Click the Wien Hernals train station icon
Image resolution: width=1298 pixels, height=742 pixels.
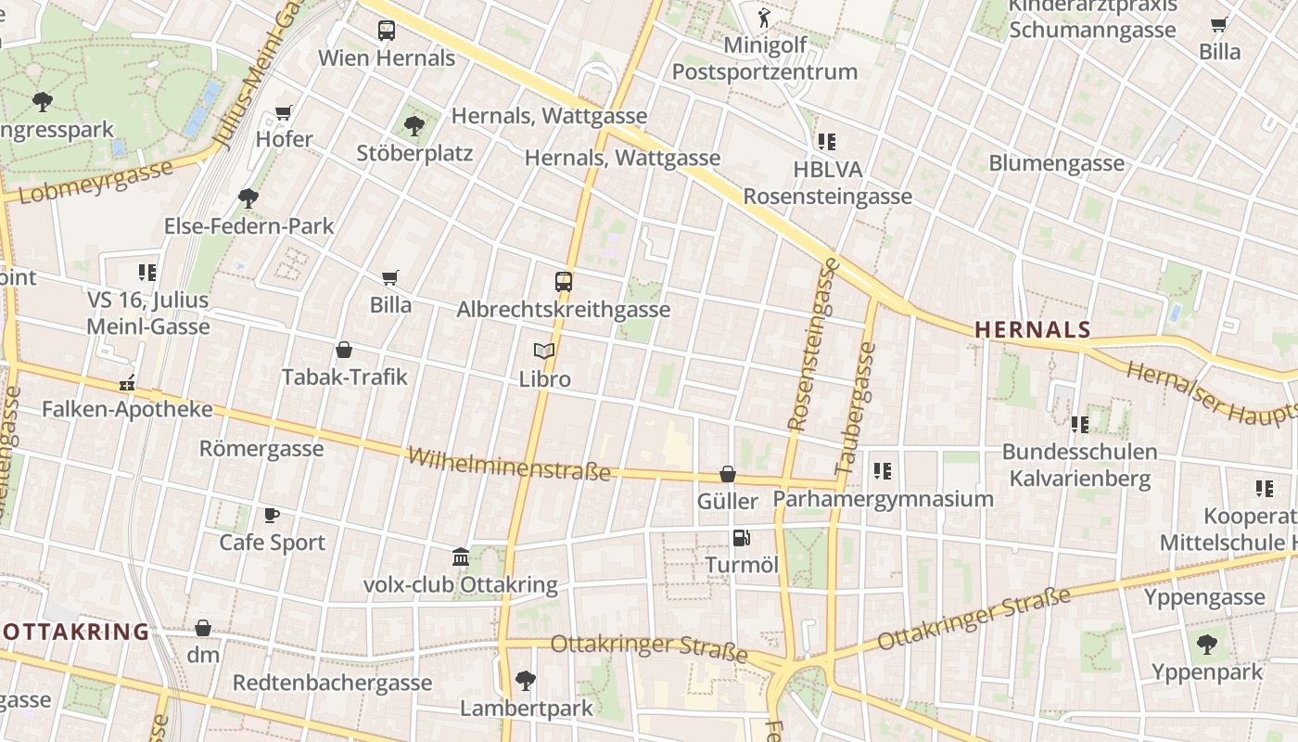(x=387, y=30)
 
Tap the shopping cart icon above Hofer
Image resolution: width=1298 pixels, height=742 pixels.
(x=284, y=113)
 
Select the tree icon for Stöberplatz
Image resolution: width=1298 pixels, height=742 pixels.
(x=414, y=125)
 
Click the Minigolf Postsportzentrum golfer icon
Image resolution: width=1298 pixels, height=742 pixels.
(x=764, y=17)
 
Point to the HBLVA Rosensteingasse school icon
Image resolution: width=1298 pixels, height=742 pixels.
(x=827, y=142)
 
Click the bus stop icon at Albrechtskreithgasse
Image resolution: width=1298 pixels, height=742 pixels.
(x=563, y=281)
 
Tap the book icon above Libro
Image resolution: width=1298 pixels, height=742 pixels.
(x=544, y=351)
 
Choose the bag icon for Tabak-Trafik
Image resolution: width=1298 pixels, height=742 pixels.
(x=344, y=350)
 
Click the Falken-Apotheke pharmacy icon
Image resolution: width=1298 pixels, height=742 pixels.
(x=127, y=382)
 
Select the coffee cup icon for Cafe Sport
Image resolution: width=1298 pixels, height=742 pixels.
(x=272, y=515)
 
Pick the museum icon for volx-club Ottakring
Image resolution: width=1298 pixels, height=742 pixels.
(x=461, y=557)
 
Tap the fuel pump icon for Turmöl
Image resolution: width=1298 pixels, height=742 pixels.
(x=741, y=537)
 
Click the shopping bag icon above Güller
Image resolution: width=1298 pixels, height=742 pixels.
(x=728, y=474)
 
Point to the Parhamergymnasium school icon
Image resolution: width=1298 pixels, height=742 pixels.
(x=883, y=471)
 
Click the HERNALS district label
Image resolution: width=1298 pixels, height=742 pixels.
(x=1033, y=329)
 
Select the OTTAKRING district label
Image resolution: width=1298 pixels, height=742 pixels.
(x=74, y=633)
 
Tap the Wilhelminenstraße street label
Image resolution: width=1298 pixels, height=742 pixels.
(x=509, y=463)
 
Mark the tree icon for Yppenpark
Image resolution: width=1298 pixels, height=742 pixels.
(x=1207, y=644)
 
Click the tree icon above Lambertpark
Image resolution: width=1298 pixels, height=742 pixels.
(x=526, y=681)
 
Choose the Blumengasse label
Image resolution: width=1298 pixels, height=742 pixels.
(x=1056, y=163)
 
